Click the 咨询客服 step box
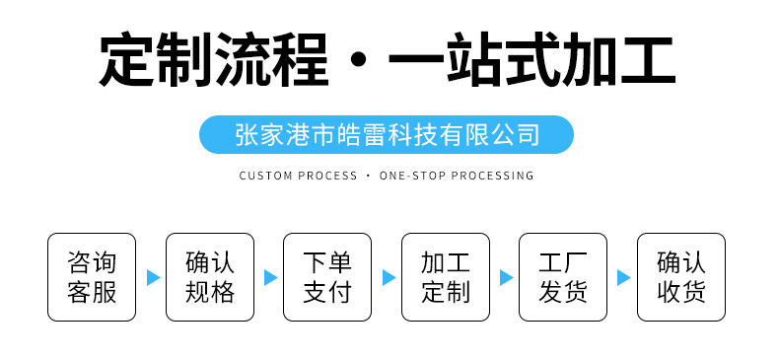pyautogui.click(x=92, y=277)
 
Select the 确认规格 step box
pyautogui.click(x=209, y=277)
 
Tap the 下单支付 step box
pyautogui.click(x=327, y=277)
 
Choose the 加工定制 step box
pyautogui.click(x=446, y=277)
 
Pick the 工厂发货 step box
pyautogui.click(x=563, y=277)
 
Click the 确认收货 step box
pyautogui.click(x=681, y=277)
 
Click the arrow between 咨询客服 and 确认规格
pyautogui.click(x=153, y=277)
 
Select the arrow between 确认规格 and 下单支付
pyautogui.click(x=270, y=277)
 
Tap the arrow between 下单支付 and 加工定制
pyautogui.click(x=389, y=277)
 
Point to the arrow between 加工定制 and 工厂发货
pyautogui.click(x=506, y=277)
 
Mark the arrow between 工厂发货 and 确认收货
pyautogui.click(x=623, y=277)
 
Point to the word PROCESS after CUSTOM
pyautogui.click(x=326, y=176)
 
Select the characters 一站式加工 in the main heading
pyautogui.click(x=532, y=59)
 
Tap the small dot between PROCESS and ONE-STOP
pyautogui.click(x=368, y=176)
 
